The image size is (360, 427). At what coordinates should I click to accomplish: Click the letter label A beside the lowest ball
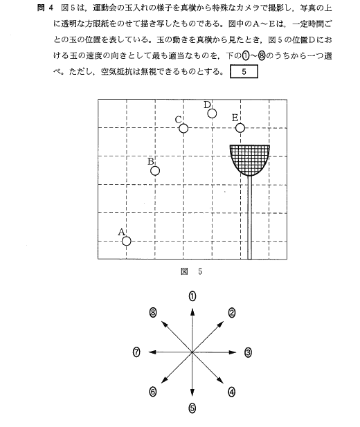tap(122, 232)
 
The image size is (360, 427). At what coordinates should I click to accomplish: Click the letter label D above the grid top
tap(208, 105)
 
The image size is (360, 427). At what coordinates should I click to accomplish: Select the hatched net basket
tap(250, 160)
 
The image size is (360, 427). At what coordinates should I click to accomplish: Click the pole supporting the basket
tap(249, 217)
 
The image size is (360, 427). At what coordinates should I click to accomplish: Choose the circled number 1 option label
tap(192, 296)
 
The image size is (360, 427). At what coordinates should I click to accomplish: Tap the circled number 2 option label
tap(232, 313)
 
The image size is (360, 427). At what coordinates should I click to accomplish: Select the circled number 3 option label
tap(248, 352)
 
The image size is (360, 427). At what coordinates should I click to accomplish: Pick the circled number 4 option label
tap(231, 392)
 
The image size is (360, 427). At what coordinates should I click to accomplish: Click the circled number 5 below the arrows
tap(192, 408)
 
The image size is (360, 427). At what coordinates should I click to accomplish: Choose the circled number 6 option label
tap(153, 392)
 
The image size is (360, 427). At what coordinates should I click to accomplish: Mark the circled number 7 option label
tap(136, 352)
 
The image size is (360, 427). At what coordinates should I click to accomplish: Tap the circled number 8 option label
tap(153, 313)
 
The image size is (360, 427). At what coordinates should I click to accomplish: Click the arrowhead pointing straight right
tap(233, 352)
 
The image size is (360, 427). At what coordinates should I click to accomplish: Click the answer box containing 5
tap(244, 71)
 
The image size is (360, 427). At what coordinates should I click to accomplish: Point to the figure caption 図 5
tap(192, 271)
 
